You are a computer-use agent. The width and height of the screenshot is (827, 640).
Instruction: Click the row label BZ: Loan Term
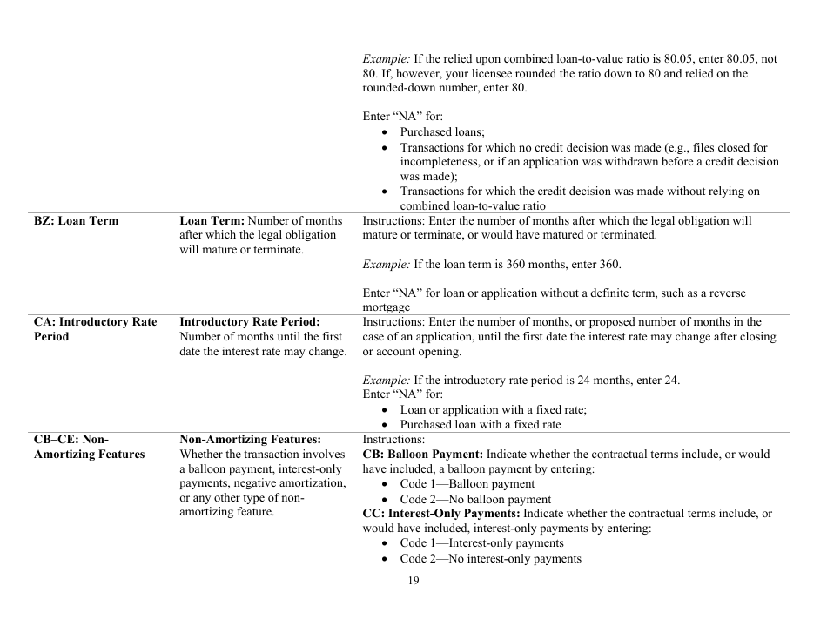pos(76,221)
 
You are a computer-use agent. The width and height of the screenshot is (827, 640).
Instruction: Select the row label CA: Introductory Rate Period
pos(95,329)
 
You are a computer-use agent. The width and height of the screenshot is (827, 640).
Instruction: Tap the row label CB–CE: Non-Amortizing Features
pos(89,447)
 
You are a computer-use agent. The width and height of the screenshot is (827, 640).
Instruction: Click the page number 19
pos(413,581)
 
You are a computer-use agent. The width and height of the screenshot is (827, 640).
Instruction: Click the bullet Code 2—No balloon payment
pos(475,499)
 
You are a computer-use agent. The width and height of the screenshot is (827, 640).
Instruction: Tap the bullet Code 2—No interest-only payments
pos(490,558)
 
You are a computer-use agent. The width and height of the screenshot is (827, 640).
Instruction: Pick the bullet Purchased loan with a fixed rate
pos(481,425)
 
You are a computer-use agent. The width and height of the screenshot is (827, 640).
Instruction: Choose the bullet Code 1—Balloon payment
pos(467,484)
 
